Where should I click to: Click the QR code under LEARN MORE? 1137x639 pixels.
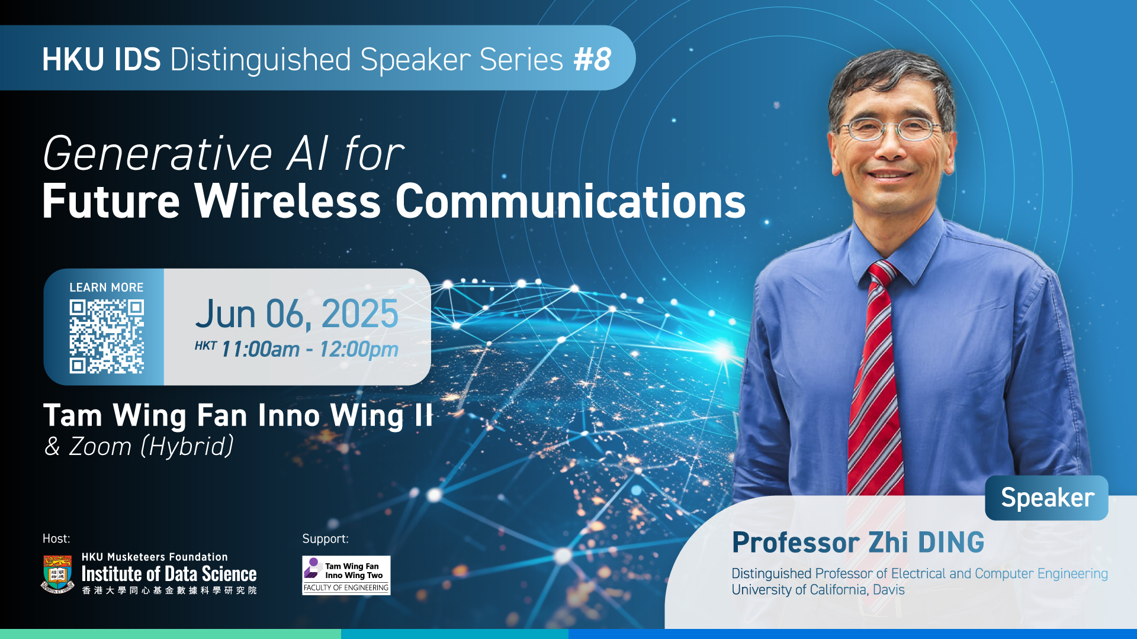point(107,337)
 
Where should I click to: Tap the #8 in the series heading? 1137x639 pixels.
point(592,59)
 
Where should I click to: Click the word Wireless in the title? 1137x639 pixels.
point(288,201)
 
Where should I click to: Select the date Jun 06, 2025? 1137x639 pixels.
point(297,314)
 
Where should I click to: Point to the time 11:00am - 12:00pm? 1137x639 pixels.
point(310,349)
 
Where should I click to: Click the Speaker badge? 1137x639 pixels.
point(1046,498)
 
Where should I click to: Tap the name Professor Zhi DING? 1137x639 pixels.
point(858,543)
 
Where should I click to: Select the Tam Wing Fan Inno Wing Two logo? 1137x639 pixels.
point(346,575)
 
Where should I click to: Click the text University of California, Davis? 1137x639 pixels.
point(818,590)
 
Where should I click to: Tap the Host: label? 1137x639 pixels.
point(56,538)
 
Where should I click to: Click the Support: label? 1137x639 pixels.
point(325,539)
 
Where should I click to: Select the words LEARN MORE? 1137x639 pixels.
point(107,288)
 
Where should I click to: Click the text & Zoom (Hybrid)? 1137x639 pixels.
point(139,446)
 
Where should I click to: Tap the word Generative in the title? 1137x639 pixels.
point(158,154)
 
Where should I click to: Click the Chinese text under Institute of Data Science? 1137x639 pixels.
point(169,590)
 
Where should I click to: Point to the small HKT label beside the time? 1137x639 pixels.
point(205,346)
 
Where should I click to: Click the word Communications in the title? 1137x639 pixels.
point(570,201)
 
